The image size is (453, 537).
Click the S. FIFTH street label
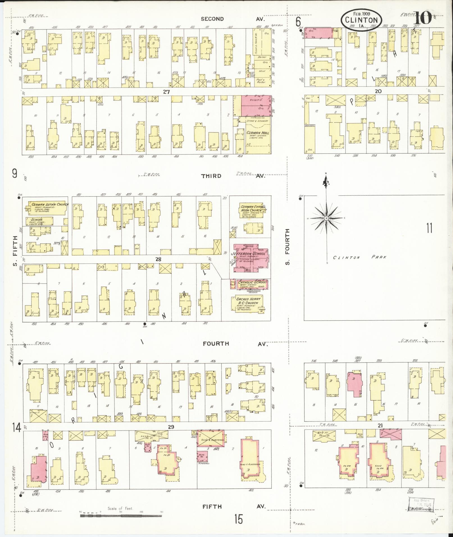(x=15, y=251)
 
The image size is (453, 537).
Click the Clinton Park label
(x=359, y=257)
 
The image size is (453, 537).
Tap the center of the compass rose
(x=326, y=218)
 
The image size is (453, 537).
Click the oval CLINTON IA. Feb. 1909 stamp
(x=361, y=20)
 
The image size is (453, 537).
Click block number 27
(x=166, y=92)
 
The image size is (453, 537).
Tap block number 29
(x=171, y=427)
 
